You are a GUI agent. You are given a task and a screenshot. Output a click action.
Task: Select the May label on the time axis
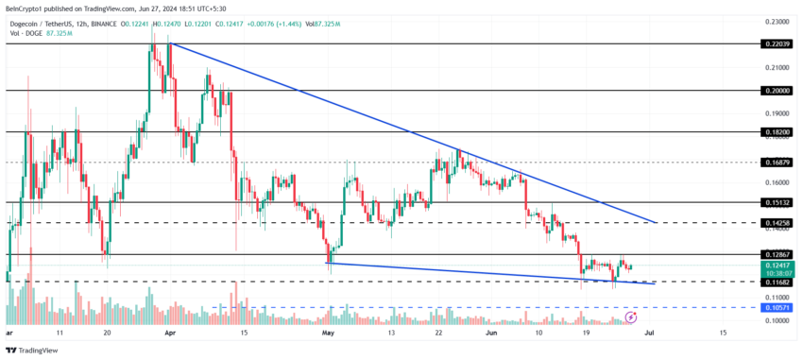pyautogui.click(x=328, y=334)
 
